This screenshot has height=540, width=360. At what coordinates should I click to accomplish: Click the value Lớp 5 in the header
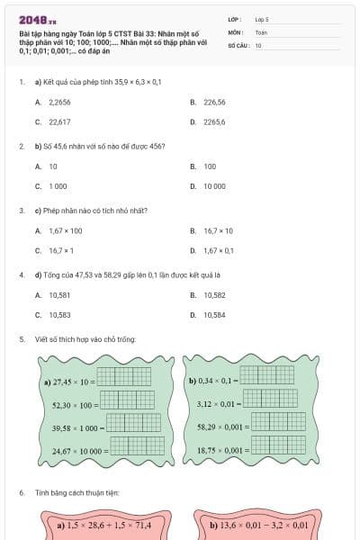[261, 19]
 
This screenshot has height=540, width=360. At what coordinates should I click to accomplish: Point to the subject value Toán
[261, 32]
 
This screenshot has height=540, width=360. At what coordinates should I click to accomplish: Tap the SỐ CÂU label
[238, 45]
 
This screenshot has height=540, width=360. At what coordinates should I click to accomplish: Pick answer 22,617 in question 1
[60, 121]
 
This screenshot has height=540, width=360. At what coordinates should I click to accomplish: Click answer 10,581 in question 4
[60, 295]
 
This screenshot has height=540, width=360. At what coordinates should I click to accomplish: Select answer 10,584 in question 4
[214, 315]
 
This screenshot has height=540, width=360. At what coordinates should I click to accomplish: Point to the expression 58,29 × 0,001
[219, 427]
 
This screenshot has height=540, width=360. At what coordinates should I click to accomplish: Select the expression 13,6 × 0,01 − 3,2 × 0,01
[259, 525]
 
